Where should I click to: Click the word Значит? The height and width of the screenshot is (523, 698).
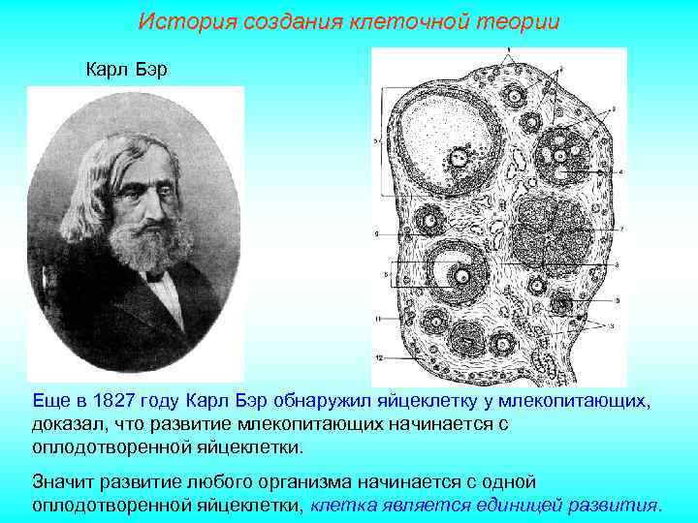[x=66, y=481]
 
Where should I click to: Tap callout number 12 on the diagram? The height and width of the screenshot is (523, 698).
[x=380, y=358]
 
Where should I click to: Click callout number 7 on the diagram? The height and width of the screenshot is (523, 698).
[x=621, y=229]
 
